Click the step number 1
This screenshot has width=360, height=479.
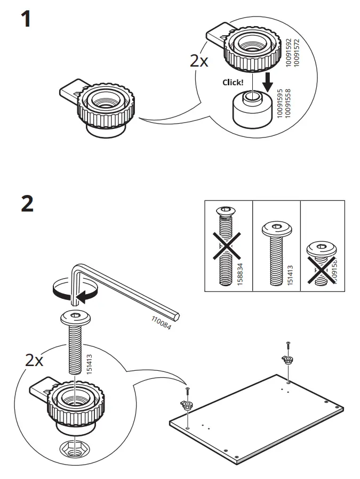[26, 20]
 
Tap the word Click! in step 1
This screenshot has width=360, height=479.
[233, 83]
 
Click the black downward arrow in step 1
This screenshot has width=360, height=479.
[268, 82]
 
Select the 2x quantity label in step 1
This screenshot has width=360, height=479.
[199, 60]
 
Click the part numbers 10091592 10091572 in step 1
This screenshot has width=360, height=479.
[293, 53]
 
